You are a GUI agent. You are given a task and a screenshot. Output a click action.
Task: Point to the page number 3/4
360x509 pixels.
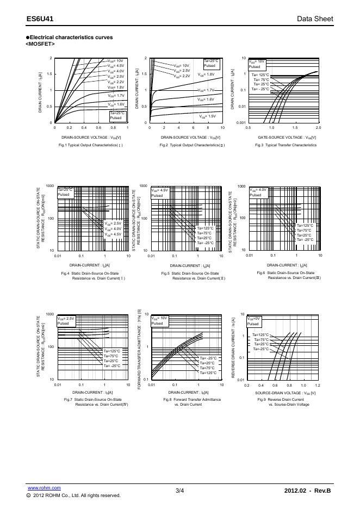click(180, 491)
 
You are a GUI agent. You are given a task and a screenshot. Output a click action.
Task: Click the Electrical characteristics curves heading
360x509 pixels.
click(71, 37)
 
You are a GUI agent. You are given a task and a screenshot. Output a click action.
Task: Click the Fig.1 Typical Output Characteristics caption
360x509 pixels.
click(91, 145)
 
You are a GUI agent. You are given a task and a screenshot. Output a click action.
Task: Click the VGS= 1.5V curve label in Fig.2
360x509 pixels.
click(208, 116)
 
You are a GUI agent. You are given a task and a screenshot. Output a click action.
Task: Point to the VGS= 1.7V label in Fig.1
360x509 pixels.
click(116, 95)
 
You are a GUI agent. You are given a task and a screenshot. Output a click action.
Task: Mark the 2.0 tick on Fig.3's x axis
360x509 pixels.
click(318, 128)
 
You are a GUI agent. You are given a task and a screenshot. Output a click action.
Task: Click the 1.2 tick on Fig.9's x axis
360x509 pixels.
click(318, 385)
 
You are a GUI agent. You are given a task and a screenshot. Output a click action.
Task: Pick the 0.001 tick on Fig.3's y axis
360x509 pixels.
click(241, 123)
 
